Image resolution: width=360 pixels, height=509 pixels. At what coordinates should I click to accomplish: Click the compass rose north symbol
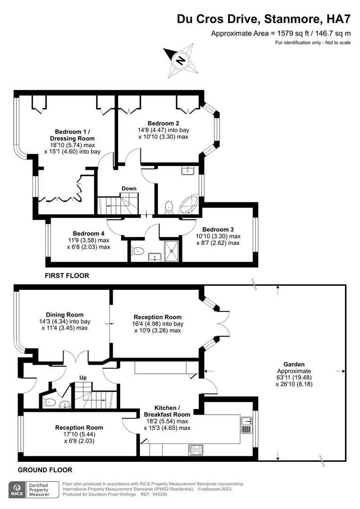click(x=181, y=60)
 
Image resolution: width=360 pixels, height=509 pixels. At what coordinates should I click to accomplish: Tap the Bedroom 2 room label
click(x=164, y=123)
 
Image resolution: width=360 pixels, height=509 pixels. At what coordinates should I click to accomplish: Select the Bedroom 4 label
click(x=89, y=233)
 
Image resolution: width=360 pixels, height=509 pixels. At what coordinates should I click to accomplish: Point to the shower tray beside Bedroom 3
click(x=172, y=251)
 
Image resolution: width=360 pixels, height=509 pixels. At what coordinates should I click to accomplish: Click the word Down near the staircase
click(x=129, y=188)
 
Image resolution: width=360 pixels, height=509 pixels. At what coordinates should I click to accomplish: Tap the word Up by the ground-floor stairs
click(x=83, y=378)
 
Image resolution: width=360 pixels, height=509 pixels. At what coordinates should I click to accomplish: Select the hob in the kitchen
click(x=196, y=450)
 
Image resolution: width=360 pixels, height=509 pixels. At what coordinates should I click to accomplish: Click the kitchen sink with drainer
click(x=247, y=425)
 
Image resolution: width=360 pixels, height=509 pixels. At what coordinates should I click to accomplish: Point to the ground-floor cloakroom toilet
click(x=48, y=402)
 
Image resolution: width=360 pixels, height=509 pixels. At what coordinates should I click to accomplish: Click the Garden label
click(x=294, y=364)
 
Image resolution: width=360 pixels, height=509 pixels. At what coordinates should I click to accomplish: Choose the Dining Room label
click(x=65, y=314)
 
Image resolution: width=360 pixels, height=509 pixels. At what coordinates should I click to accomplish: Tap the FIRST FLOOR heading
click(x=67, y=276)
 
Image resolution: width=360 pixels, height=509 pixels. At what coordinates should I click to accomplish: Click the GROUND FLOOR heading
click(x=45, y=470)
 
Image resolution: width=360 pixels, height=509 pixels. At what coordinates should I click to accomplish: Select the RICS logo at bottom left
click(x=17, y=490)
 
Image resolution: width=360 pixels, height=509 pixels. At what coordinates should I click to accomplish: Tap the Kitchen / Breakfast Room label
click(x=167, y=411)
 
